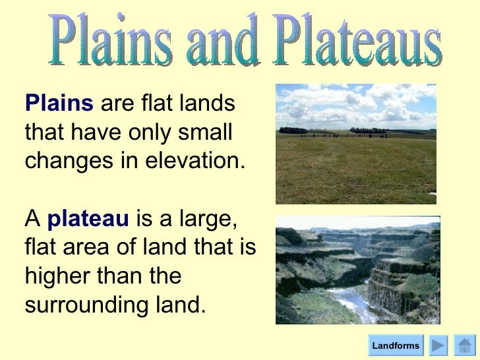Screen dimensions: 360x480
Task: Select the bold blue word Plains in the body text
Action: (x=59, y=104)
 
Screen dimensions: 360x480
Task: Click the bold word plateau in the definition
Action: (x=88, y=218)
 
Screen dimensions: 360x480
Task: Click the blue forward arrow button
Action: (x=438, y=345)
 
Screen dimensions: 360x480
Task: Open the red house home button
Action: (x=465, y=345)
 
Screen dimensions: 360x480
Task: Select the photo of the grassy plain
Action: (x=355, y=144)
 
